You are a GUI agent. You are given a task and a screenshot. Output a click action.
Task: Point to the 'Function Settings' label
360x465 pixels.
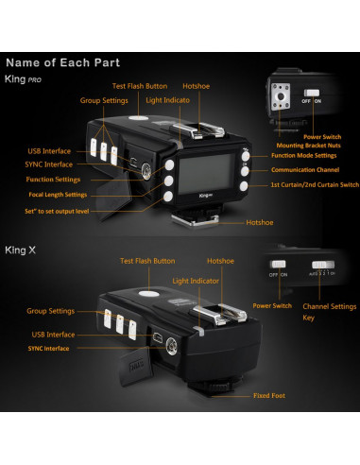pyautogui.click(x=53, y=179)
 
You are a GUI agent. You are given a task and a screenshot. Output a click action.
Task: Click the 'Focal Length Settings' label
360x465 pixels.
pyautogui.click(x=58, y=195)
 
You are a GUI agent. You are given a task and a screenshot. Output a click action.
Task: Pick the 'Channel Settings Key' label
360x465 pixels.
pyautogui.click(x=329, y=312)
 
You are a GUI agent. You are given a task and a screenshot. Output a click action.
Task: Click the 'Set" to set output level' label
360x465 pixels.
pyautogui.click(x=57, y=212)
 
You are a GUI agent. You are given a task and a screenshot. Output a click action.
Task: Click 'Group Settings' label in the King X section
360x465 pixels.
pyautogui.click(x=51, y=310)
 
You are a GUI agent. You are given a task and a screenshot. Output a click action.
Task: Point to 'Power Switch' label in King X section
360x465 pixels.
pyautogui.click(x=272, y=306)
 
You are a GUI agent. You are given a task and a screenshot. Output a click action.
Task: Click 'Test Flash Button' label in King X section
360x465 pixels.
pyautogui.click(x=147, y=260)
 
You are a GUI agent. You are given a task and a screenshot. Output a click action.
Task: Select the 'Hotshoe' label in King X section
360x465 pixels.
pyautogui.click(x=220, y=260)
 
